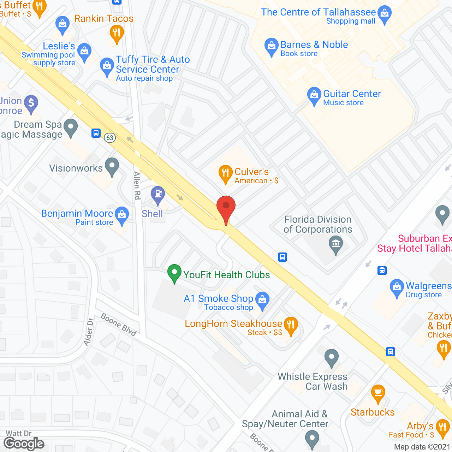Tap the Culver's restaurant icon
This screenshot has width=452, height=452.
tap(225, 173)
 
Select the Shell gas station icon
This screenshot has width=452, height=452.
tap(158, 194)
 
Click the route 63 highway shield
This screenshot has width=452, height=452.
tap(110, 138)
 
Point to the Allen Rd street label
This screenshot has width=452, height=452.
tap(137, 186)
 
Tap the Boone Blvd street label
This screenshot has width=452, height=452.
tap(119, 325)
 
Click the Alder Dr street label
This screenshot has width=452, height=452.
tap(89, 332)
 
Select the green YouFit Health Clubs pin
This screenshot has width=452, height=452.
tap(174, 272)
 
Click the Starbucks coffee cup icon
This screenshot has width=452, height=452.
tap(378, 392)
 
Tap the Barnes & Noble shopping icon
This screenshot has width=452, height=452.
tap(271, 46)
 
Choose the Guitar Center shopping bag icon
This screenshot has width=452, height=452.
tap(314, 95)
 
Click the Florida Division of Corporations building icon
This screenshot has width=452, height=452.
tap(336, 243)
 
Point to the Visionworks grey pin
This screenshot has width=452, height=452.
tap(112, 166)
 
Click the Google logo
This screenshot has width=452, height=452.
tap(24, 444)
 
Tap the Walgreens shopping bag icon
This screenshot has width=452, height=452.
tap(397, 287)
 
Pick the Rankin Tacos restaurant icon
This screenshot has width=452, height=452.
tap(116, 34)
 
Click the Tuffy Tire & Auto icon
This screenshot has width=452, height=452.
tap(107, 66)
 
